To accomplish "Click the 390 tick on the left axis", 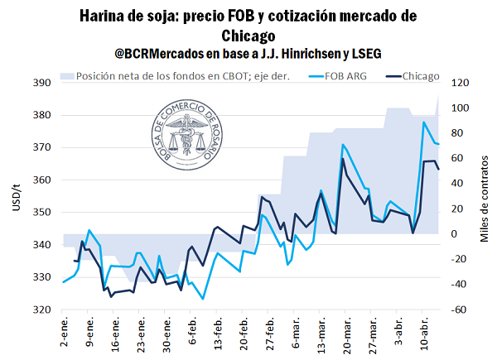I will pyautogui.click(x=43, y=84).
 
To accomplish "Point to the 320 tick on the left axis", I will pyautogui.click(x=43, y=310).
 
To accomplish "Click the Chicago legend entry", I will pyautogui.click(x=421, y=76).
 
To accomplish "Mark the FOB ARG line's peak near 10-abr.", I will pyautogui.click(x=424, y=122).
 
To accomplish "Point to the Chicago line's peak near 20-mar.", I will pyautogui.click(x=343, y=159).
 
